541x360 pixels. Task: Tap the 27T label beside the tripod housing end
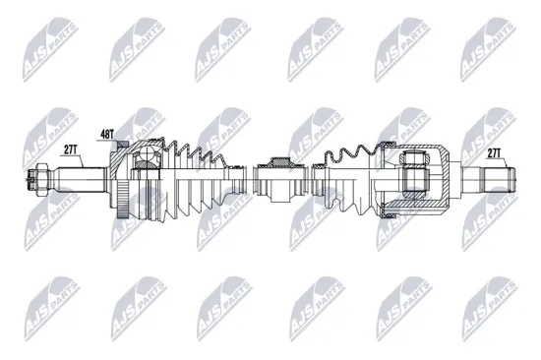494,151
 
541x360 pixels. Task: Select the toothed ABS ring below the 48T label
119,183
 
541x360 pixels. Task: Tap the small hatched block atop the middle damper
278,160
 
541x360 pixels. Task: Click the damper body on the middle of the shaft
278,182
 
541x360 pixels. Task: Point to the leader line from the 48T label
117,143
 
